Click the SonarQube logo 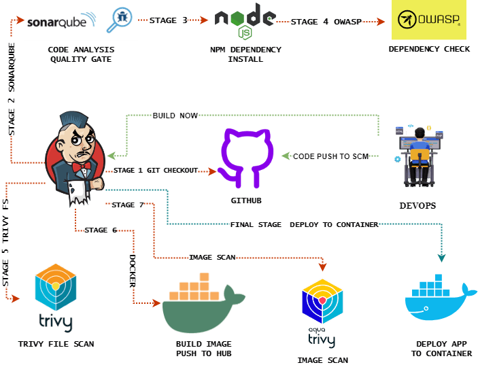[81, 21]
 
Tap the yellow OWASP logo [429, 21]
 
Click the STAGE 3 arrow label [169, 20]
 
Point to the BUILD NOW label [175, 116]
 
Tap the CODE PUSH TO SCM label [330, 156]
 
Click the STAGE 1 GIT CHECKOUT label [154, 171]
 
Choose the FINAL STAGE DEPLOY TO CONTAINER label [303, 224]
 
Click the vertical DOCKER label [133, 270]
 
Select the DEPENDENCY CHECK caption [428, 50]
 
